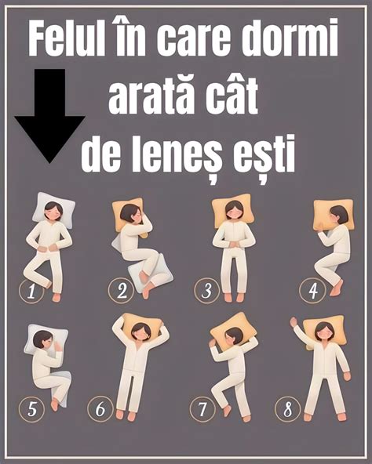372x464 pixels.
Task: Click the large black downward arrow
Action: (50, 114)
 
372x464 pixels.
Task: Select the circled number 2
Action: (122, 292)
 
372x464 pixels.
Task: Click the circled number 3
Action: (206, 292)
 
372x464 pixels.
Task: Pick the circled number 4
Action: (312, 292)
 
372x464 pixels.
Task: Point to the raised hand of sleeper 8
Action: (294, 322)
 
